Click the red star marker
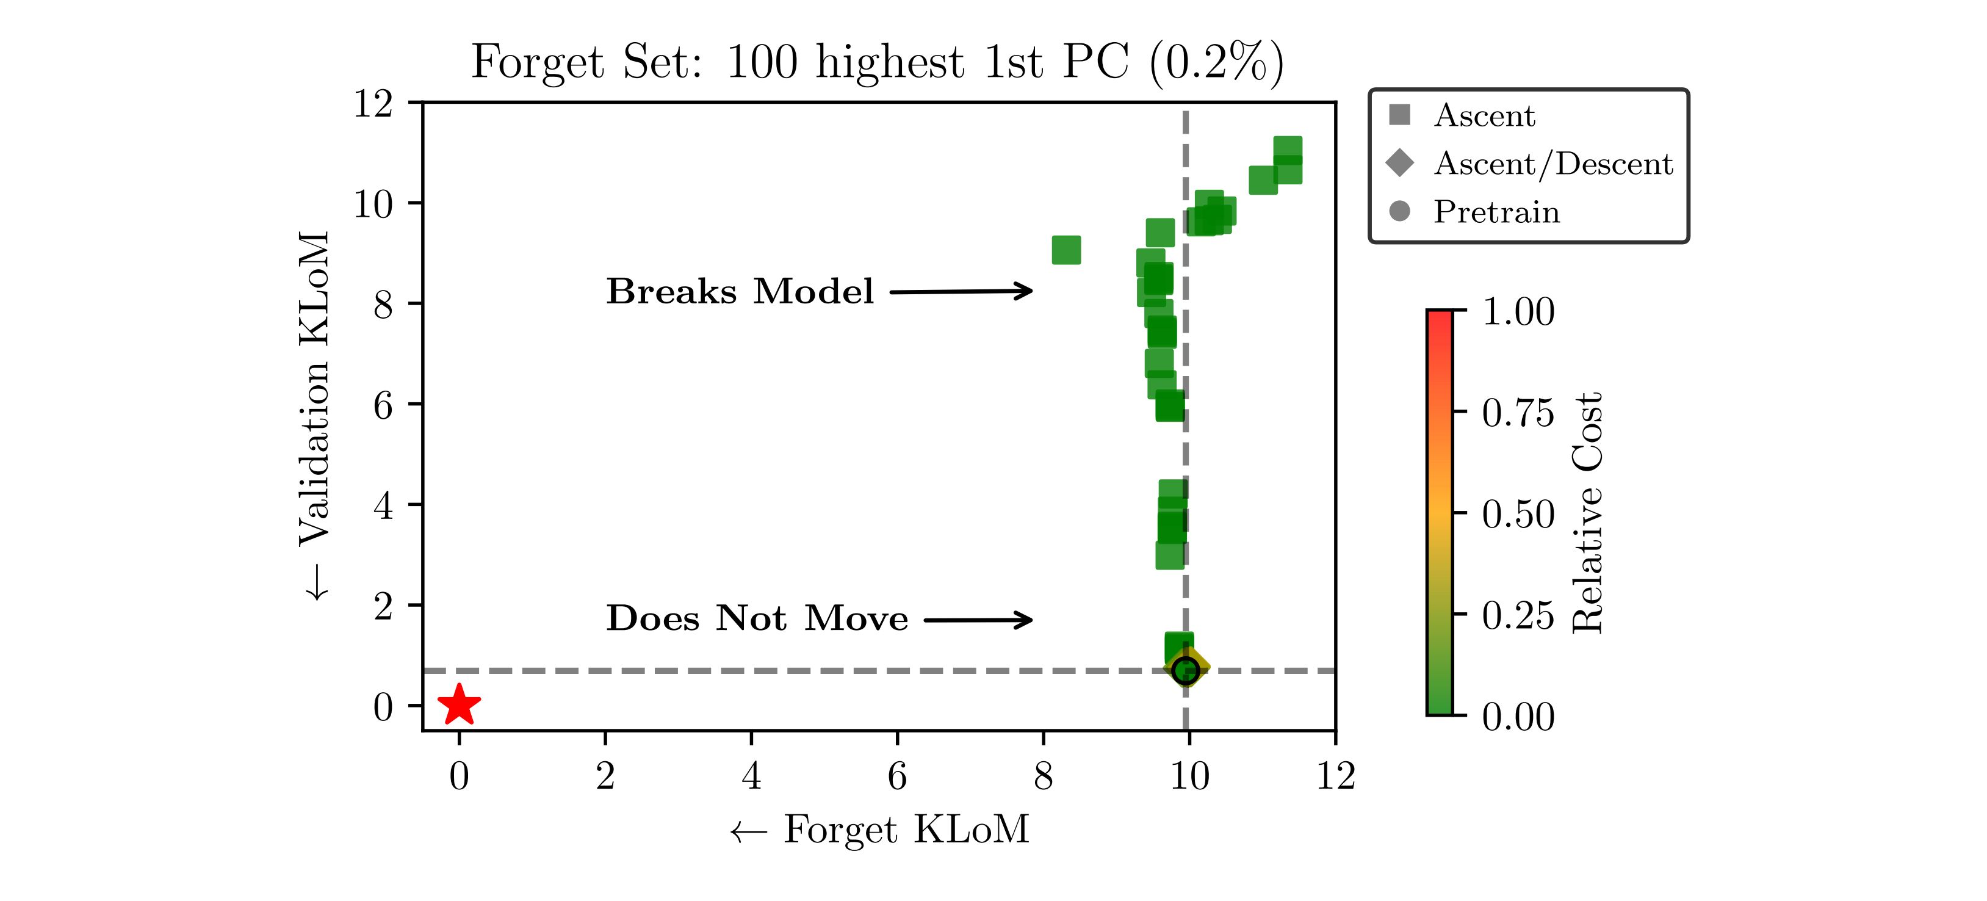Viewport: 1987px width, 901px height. click(459, 704)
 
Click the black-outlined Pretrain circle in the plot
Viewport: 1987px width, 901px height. click(1186, 670)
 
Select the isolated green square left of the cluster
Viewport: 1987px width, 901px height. click(1066, 250)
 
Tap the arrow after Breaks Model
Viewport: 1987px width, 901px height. click(961, 292)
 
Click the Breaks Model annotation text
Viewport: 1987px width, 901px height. click(739, 292)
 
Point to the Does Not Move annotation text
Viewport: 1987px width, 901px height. click(757, 618)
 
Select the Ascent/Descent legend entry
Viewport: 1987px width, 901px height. click(1552, 164)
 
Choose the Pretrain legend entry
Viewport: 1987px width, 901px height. click(1496, 211)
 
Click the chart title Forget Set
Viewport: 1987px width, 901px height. click(877, 62)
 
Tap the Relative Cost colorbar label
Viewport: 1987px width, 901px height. click(1587, 513)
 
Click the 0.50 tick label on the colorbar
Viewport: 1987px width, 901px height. click(1517, 514)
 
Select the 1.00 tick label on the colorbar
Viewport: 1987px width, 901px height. click(1517, 312)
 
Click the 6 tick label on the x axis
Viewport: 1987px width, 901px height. click(897, 776)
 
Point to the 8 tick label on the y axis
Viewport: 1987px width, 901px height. click(383, 305)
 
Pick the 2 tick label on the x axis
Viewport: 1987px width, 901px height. click(605, 776)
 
